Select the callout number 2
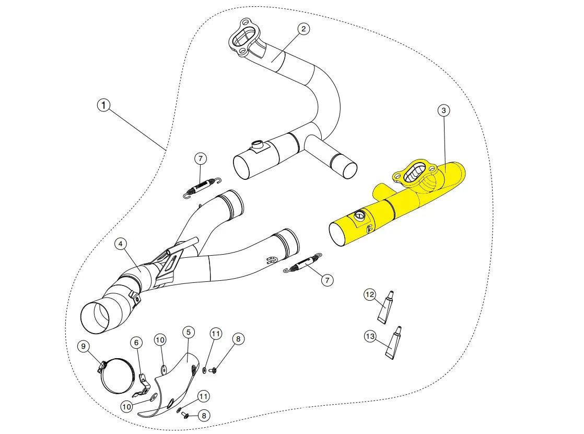coord(303,29)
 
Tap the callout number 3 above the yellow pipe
coord(443,110)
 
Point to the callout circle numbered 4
coord(120,244)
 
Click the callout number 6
coord(136,342)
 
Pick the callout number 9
coord(83,346)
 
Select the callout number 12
coord(370,295)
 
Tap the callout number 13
coord(370,336)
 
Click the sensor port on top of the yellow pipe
coord(359,215)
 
